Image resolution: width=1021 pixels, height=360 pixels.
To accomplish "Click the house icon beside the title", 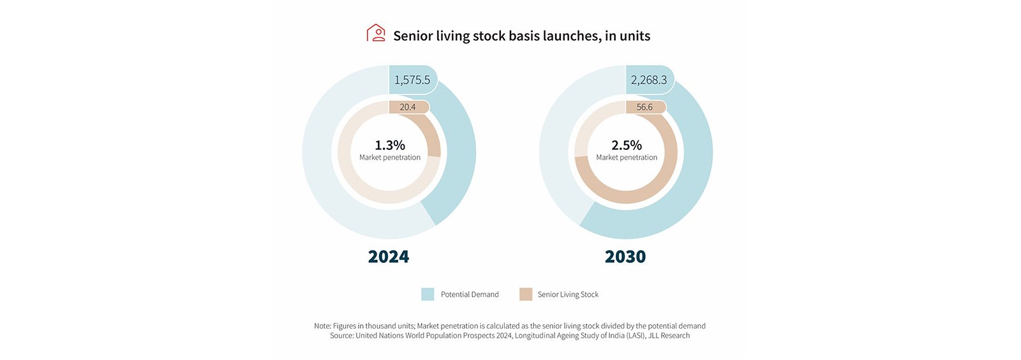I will click(376, 33).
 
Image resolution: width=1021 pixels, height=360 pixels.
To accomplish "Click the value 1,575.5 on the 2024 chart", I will click(412, 80).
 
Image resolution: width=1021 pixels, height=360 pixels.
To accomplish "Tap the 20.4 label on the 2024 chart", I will click(408, 107).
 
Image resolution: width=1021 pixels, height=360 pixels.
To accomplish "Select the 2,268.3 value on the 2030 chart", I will click(649, 80).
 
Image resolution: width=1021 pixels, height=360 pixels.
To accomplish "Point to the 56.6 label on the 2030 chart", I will click(645, 107).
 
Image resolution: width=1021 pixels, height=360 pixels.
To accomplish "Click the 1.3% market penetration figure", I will click(390, 145).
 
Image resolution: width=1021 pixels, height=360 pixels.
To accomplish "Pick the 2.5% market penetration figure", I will click(627, 145).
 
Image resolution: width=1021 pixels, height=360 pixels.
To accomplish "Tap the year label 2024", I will click(389, 257).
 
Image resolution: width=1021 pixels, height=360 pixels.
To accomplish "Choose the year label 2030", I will click(625, 257).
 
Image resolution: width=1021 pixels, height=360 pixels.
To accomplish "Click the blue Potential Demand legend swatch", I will click(428, 294).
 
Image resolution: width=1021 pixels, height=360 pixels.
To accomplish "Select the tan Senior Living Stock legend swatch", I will click(526, 294).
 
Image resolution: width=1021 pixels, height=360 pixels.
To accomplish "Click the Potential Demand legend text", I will click(470, 294).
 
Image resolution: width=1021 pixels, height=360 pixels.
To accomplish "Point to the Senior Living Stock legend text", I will click(568, 294).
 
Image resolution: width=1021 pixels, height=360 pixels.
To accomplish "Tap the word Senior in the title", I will click(413, 36).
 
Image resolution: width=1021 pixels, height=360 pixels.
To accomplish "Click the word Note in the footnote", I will click(322, 326).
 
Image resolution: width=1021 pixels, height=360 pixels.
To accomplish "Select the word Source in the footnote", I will click(341, 336).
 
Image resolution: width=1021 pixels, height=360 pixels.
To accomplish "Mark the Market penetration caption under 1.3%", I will click(390, 158).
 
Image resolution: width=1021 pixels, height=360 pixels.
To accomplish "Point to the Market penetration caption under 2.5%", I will click(627, 158).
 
